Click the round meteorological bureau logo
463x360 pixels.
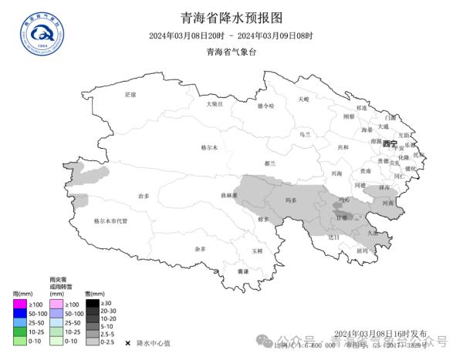coord(43,31)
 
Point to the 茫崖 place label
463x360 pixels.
coord(130,94)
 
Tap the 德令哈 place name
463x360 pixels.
coord(265,106)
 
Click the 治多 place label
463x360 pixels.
coord(144,197)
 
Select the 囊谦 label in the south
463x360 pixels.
coord(243,271)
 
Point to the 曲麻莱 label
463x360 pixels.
coord(228,196)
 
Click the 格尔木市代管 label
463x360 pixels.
coord(110,220)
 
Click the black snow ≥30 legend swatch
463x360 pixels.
coord(91,304)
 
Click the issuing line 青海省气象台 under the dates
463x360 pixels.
coord(231,52)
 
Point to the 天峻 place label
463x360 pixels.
coord(303,99)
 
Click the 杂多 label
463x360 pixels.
coord(201,249)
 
